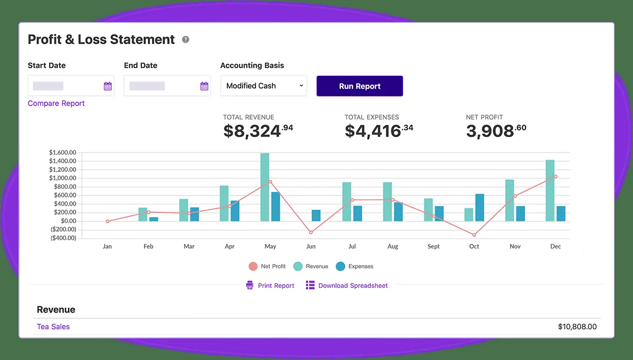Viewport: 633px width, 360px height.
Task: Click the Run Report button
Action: click(360, 86)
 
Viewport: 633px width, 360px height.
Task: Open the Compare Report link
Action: click(56, 103)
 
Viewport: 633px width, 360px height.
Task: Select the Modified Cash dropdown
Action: click(263, 86)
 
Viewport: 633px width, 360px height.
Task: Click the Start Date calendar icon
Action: click(108, 86)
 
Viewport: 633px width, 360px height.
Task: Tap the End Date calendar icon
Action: click(204, 86)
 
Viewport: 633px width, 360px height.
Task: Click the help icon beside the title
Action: click(186, 40)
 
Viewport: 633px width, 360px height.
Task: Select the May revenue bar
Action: click(265, 187)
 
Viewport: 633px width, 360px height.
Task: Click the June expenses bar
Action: click(316, 215)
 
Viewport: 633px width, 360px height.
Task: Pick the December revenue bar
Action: click(550, 190)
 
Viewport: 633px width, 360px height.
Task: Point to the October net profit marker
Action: click(474, 235)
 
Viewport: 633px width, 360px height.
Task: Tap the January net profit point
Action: click(108, 221)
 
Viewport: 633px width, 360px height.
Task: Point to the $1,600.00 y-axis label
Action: click(63, 153)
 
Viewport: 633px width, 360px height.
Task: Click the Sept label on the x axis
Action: click(434, 247)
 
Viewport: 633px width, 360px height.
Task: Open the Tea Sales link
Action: click(53, 327)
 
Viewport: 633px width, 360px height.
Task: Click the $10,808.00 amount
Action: click(577, 327)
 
